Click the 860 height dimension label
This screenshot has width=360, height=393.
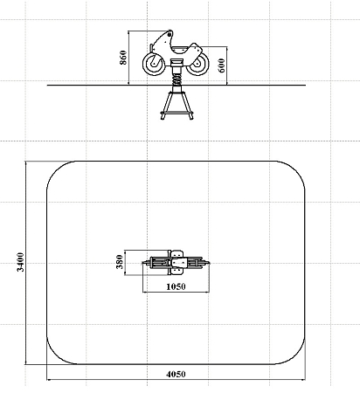pos(123,58)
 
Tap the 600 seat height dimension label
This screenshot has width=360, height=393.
pos(221,65)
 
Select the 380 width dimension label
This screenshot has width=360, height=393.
pos(120,262)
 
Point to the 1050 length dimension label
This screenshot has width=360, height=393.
pos(176,286)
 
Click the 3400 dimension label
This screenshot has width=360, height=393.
pos(20,262)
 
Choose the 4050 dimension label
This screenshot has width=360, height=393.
pos(176,374)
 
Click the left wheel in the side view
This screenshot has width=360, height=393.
pos(154,64)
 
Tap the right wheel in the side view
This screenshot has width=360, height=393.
pos(197,64)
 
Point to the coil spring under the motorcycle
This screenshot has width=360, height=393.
pos(177,79)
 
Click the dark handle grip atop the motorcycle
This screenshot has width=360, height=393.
pos(170,35)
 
